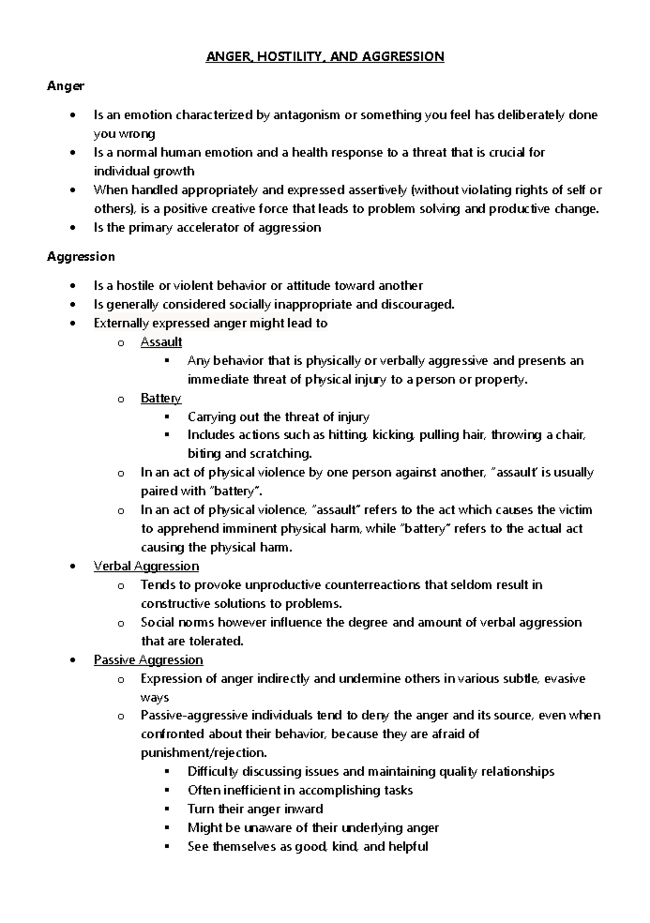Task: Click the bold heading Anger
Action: pyautogui.click(x=65, y=86)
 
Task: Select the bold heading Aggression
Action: pyautogui.click(x=81, y=256)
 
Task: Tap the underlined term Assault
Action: pyautogui.click(x=161, y=342)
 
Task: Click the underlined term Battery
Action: pyautogui.click(x=160, y=399)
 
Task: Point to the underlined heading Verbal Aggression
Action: pyautogui.click(x=146, y=567)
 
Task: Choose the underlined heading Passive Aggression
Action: pyautogui.click(x=148, y=660)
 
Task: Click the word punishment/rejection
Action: pyautogui.click(x=204, y=753)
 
